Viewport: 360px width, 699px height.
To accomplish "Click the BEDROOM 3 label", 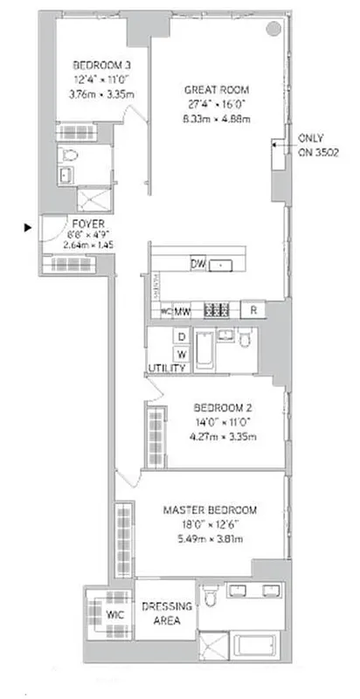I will tap(102, 64).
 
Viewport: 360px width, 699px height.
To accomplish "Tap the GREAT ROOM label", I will tap(217, 89).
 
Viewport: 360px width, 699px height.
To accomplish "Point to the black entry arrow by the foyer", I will tap(29, 227).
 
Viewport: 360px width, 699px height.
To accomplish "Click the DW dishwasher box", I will tap(197, 264).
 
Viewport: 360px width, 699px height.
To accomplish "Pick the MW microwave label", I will tap(183, 310).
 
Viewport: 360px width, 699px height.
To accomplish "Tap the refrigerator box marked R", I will tap(253, 310).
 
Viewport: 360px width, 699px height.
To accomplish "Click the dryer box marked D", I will tap(182, 336).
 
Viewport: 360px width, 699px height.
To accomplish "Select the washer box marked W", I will tap(182, 354).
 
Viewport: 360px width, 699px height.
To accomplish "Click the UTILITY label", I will tap(167, 369).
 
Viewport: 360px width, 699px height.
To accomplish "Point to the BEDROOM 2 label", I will tap(222, 406).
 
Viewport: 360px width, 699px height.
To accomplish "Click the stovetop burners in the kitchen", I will tap(216, 309).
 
